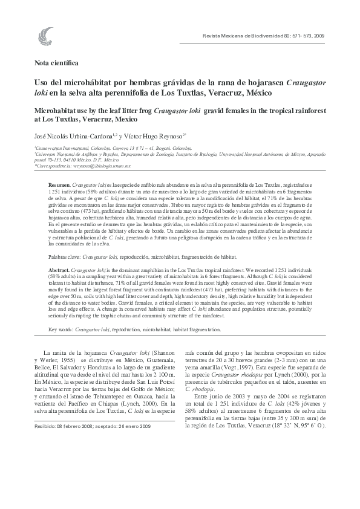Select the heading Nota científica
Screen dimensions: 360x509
(56, 62)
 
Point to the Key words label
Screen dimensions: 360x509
(61, 329)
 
